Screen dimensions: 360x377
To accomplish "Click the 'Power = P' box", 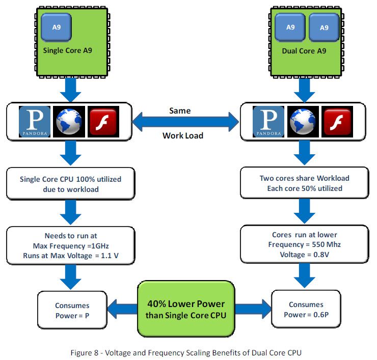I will point(72,310).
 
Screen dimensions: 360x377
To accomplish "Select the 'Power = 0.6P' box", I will point(306,309).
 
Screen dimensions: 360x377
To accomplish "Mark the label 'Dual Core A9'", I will point(305,50).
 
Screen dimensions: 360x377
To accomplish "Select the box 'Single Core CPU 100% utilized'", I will point(71,184).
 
